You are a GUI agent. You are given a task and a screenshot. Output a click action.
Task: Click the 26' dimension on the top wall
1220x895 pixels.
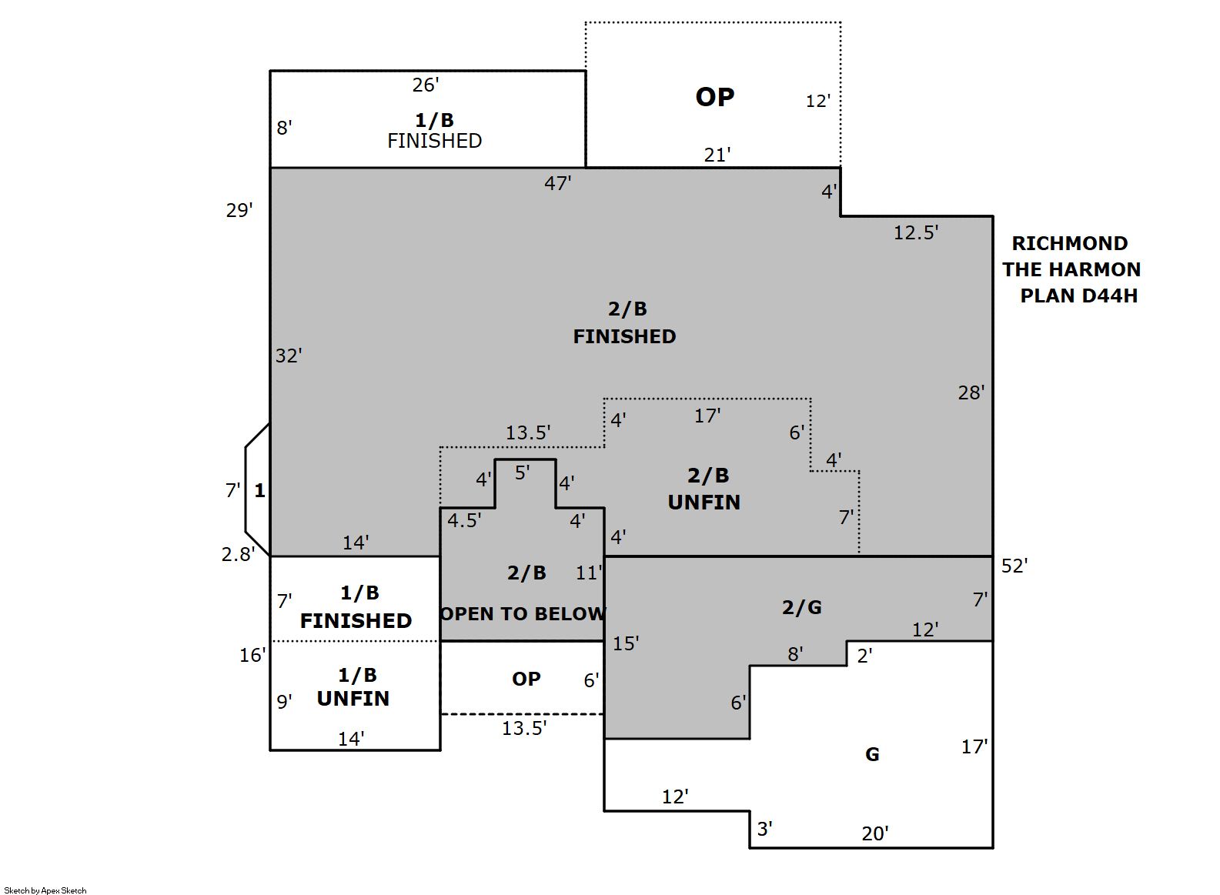click(x=426, y=85)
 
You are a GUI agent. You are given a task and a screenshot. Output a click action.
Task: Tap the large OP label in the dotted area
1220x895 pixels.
click(x=714, y=97)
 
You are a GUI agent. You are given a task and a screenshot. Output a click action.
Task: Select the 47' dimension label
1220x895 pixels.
click(x=557, y=183)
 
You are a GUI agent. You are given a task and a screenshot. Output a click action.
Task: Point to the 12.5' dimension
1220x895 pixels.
click(x=915, y=232)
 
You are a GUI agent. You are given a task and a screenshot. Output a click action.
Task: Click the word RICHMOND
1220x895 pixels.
click(x=1069, y=244)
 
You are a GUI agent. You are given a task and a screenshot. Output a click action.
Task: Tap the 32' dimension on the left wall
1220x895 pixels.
click(x=289, y=356)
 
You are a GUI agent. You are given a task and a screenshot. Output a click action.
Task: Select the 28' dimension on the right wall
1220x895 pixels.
click(x=971, y=392)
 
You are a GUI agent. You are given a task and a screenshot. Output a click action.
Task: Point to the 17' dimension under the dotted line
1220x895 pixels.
click(x=707, y=416)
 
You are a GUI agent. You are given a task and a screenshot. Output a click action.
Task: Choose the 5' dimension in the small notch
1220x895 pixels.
click(x=522, y=473)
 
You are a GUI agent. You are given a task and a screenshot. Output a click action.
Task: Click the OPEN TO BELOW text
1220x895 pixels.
click(x=523, y=614)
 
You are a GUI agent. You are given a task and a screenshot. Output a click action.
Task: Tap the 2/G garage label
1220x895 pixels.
click(x=801, y=608)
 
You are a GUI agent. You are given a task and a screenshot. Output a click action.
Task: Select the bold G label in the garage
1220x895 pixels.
click(x=872, y=755)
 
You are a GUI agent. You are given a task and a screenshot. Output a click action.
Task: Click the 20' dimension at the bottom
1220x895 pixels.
click(x=874, y=833)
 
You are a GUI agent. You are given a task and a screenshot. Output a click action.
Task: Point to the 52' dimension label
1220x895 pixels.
click(x=1014, y=566)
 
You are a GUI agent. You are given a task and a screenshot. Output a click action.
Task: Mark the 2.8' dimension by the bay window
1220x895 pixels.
click(x=237, y=554)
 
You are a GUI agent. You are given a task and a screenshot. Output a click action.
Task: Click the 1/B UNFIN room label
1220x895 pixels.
click(x=355, y=686)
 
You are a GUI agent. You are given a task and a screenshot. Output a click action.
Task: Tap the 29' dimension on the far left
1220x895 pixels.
click(x=239, y=210)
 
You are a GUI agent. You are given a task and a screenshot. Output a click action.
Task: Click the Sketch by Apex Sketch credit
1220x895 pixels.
click(x=45, y=890)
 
